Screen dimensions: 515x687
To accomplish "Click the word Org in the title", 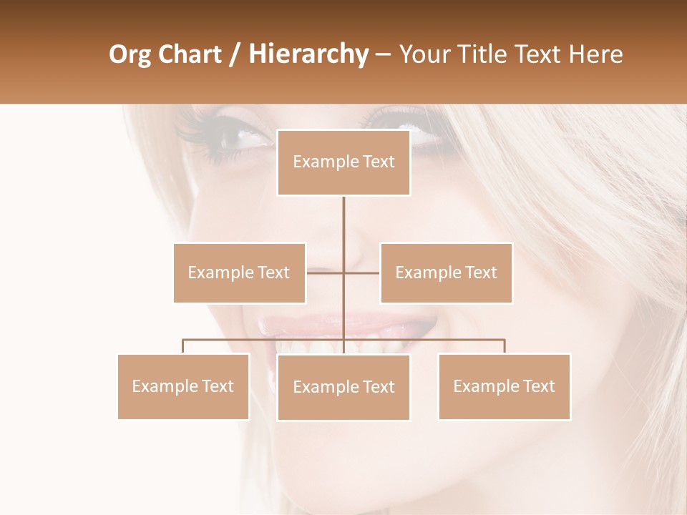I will pos(130,54).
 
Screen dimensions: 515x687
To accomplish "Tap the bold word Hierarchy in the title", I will pos(308,54).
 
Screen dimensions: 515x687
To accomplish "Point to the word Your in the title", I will pos(426,54).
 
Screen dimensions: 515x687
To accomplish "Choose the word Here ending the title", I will pos(595,54).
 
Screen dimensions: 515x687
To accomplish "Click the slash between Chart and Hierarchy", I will pos(235,54).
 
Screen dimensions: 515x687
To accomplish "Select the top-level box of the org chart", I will pos(343,162).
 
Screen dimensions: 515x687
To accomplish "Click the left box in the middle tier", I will pos(239,273).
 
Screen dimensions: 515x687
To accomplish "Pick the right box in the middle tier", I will pos(446,273).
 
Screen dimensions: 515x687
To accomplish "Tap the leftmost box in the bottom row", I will pos(183,386).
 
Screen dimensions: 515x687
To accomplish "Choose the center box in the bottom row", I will pos(343,387).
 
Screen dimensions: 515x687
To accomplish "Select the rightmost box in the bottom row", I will pos(504,386).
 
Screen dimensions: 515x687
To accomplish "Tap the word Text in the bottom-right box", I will pos(539,386).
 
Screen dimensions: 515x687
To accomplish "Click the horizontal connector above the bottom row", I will pos(265,340).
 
